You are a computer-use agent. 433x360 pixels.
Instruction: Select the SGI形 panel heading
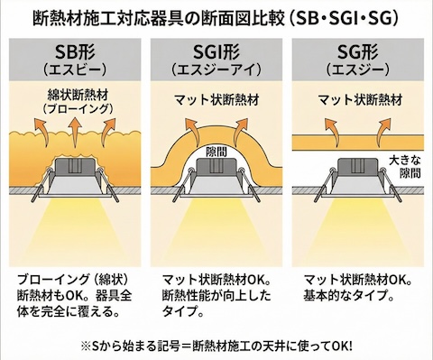[x=215, y=51]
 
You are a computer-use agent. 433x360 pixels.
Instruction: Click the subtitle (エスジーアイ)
[x=215, y=69]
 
